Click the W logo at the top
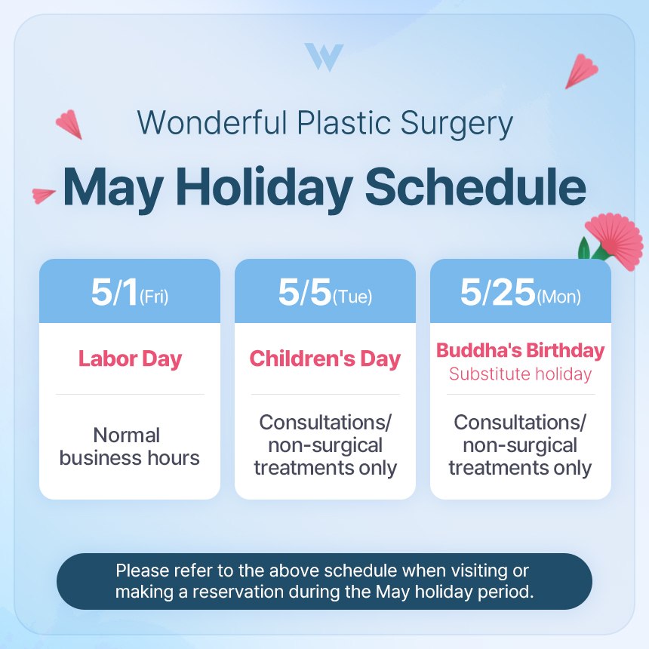click(324, 57)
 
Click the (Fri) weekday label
click(154, 297)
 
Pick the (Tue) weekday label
click(352, 297)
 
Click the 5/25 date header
click(497, 293)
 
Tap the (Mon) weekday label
click(558, 297)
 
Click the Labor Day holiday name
click(130, 358)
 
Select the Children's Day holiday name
click(324, 358)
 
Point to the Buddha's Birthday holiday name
click(520, 351)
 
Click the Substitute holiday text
click(520, 374)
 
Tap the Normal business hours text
click(130, 446)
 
